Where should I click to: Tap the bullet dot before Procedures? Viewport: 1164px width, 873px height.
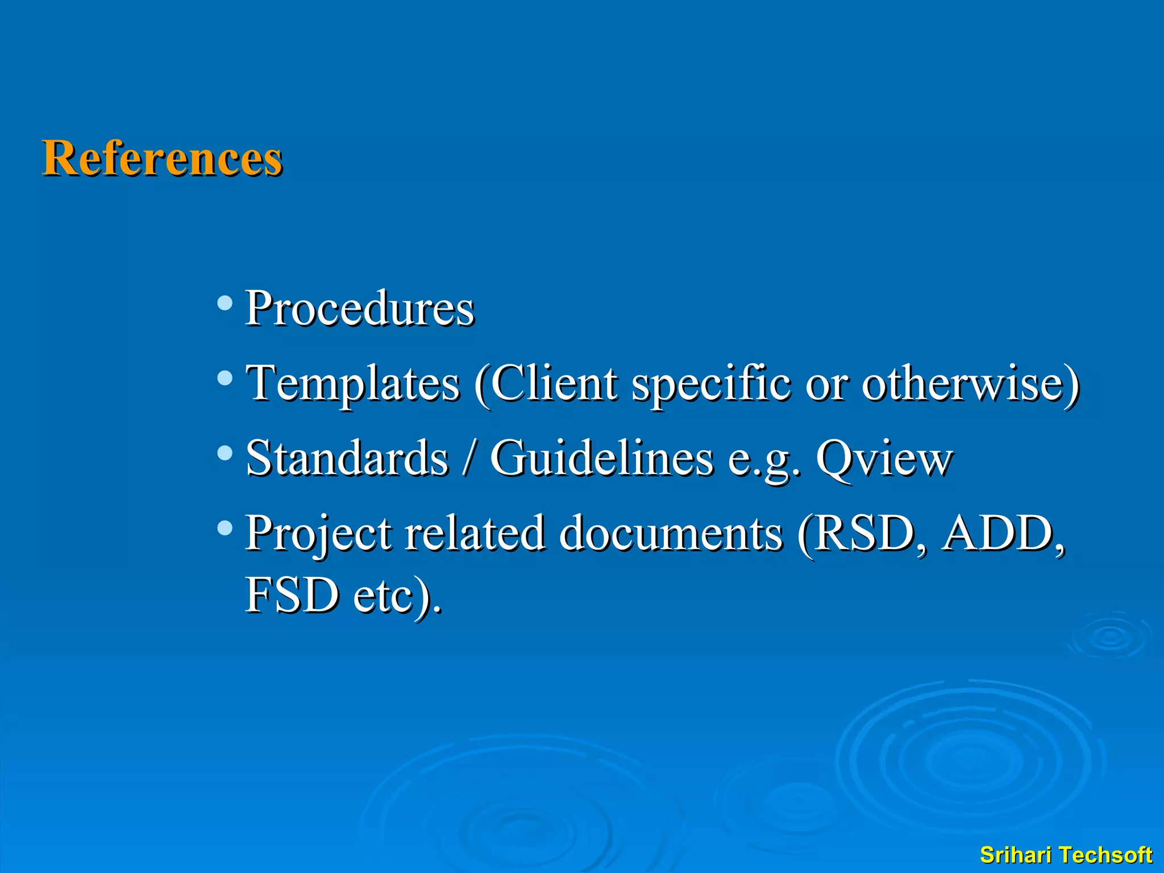coord(225,302)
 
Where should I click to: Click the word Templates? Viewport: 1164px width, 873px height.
coord(352,383)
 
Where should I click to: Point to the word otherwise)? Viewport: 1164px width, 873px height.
coord(970,383)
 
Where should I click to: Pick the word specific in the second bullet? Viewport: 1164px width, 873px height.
coord(711,383)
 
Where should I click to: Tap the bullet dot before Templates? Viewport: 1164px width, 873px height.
coord(225,377)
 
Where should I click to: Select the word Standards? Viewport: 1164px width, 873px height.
coord(347,458)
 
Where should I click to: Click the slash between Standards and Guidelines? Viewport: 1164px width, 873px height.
coord(469,458)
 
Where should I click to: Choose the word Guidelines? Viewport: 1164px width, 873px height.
coord(601,458)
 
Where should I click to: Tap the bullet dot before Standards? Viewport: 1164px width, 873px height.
coord(225,452)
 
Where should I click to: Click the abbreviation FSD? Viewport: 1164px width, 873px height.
coord(292,595)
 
